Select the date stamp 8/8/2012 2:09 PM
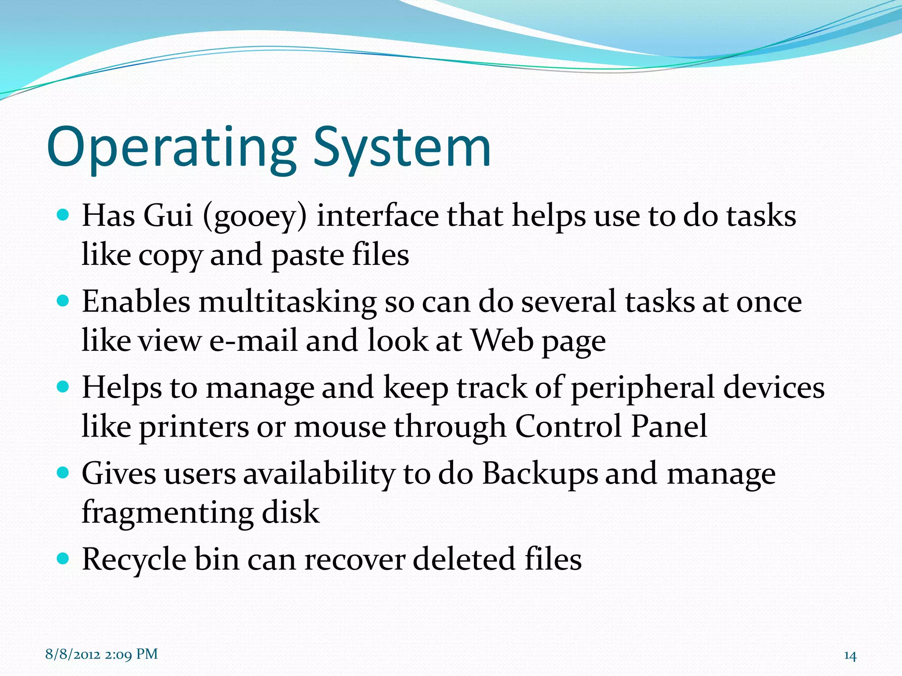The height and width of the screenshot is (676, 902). click(x=101, y=654)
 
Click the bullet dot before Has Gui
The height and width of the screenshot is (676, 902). click(x=63, y=215)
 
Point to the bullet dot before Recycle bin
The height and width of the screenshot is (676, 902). click(x=63, y=558)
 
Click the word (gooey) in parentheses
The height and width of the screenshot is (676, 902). click(x=254, y=217)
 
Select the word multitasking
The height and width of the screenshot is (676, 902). click(x=287, y=303)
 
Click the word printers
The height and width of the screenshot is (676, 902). click(x=194, y=427)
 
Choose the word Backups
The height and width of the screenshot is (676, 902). click(x=540, y=474)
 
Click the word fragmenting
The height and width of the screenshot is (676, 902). click(x=167, y=513)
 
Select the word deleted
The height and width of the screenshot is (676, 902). click(x=463, y=559)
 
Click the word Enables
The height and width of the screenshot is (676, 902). click(x=136, y=302)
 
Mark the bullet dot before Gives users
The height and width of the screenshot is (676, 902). click(x=63, y=473)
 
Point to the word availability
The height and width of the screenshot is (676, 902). click(x=319, y=474)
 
